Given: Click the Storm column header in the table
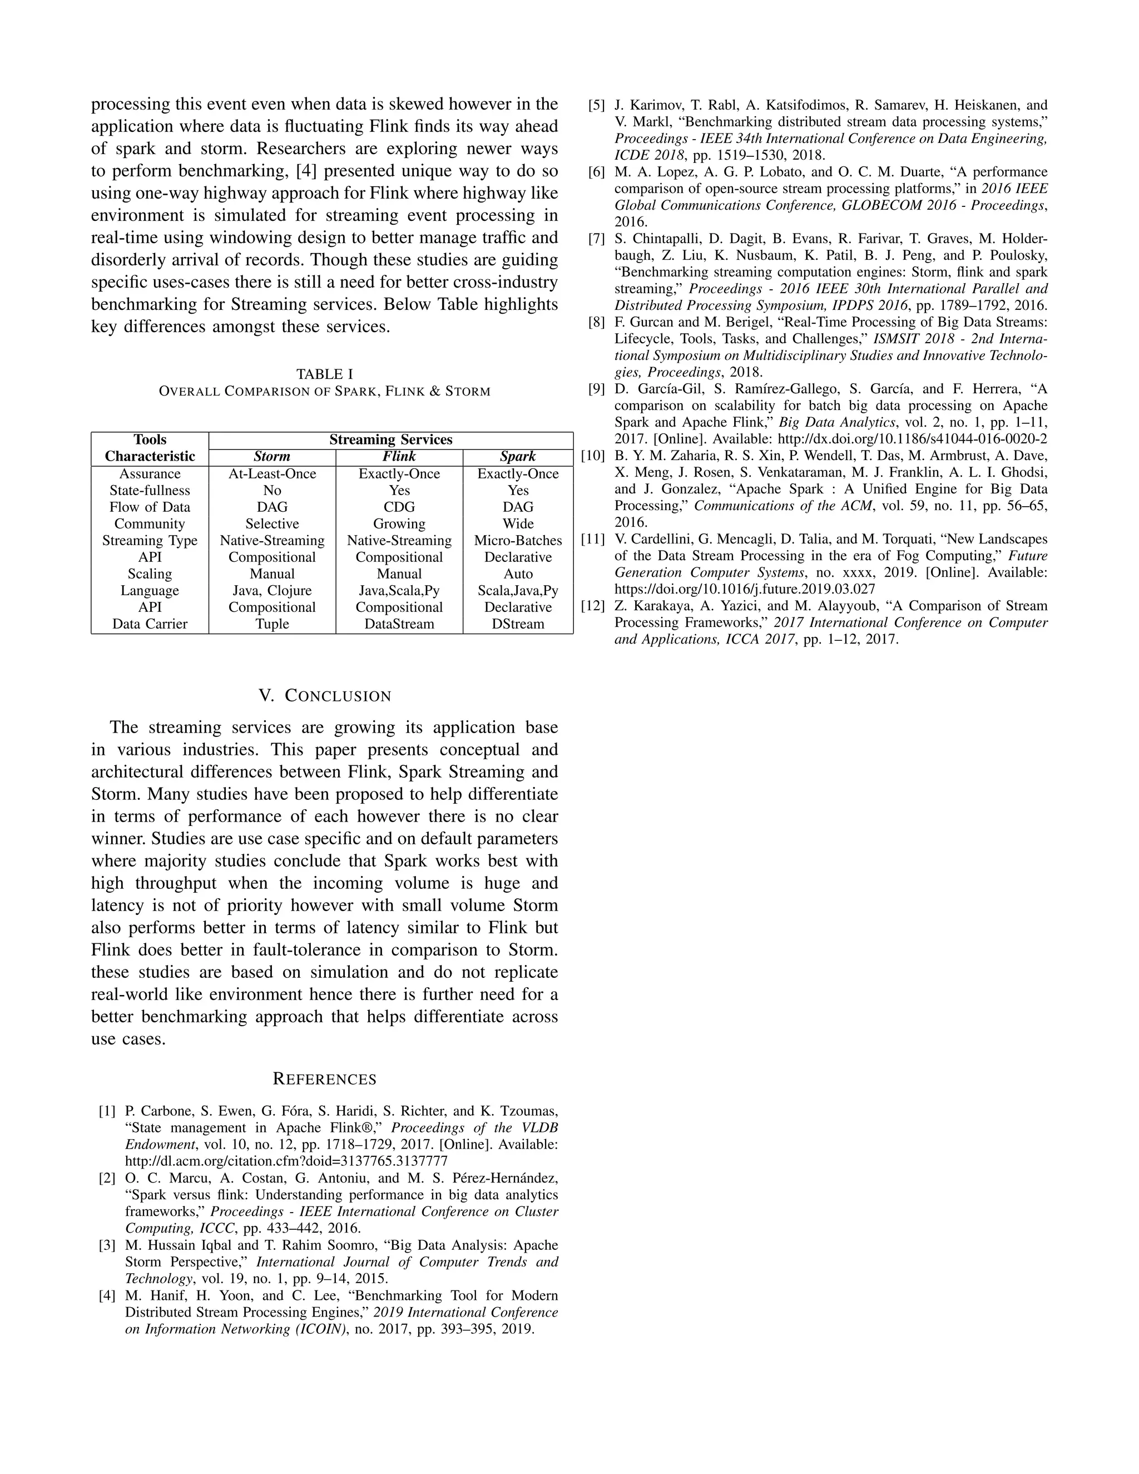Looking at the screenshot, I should (x=272, y=457).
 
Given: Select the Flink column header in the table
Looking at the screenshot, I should (x=399, y=457).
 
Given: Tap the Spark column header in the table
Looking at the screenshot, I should (x=518, y=457).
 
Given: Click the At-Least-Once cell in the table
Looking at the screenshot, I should (x=272, y=474).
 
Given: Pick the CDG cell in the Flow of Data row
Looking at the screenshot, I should (x=399, y=507).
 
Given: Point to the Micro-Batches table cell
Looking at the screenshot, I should (x=518, y=541).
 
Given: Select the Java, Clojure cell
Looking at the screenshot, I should (x=272, y=591).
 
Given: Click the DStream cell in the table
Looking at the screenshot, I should (x=518, y=624).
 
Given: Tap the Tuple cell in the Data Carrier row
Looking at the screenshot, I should (x=272, y=624).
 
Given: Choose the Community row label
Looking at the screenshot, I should (x=150, y=524).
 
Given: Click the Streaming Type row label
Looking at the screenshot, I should (x=150, y=541).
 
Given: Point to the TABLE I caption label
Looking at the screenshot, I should (x=325, y=374).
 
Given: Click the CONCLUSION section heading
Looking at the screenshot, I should (x=325, y=696).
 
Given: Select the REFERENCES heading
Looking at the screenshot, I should (x=325, y=1079).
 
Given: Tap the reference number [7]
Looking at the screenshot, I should (x=597, y=239).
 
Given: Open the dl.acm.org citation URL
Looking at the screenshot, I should (x=286, y=1161).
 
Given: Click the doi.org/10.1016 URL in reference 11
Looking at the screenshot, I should (x=744, y=588).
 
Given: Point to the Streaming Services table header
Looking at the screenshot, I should (x=390, y=440).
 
